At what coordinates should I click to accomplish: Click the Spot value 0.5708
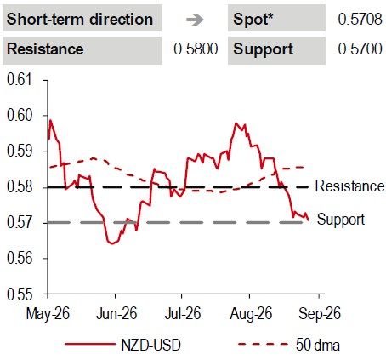[x=360, y=20]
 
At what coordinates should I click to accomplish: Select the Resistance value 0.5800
[x=196, y=49]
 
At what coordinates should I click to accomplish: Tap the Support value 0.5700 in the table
[x=360, y=49]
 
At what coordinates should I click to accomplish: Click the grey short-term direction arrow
[x=195, y=20]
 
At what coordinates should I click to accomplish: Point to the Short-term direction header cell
[x=82, y=18]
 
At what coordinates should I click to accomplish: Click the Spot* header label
[x=253, y=20]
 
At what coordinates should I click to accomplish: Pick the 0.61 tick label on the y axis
[x=19, y=80]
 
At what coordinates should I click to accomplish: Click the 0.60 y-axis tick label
[x=19, y=116]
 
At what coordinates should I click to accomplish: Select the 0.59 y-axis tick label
[x=19, y=151]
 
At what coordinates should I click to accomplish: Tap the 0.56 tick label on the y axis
[x=19, y=258]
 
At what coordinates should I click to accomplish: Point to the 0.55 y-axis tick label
[x=19, y=294]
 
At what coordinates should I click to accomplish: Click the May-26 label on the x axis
[x=48, y=314]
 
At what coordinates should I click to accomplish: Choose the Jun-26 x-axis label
[x=116, y=314]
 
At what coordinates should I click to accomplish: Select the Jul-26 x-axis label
[x=183, y=314]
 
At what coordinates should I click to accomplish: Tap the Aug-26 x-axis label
[x=251, y=314]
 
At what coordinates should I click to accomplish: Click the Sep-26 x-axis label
[x=320, y=314]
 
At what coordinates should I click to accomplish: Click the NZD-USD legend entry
[x=122, y=346]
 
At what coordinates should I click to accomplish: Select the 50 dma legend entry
[x=289, y=346]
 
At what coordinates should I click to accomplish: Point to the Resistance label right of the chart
[x=349, y=186]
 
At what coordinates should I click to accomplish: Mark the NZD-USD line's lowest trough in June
[x=112, y=243]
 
